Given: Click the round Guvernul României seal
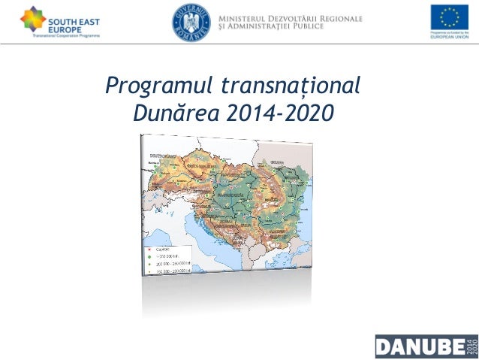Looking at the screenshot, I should (x=191, y=21).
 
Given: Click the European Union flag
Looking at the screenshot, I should (x=449, y=17).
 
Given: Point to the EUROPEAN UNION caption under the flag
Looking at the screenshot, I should (x=449, y=38).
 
